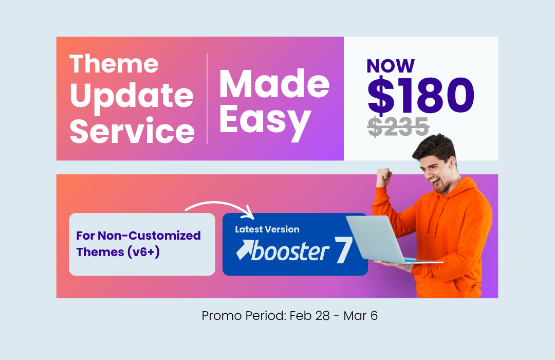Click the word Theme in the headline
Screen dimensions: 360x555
coord(114,64)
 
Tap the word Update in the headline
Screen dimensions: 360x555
coord(132,97)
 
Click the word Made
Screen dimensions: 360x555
coord(274,84)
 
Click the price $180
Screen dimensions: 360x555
coord(421,96)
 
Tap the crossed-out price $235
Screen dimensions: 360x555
coord(398,128)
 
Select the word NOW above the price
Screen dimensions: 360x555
coord(391,65)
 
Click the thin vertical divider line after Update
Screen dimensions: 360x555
coord(207,98)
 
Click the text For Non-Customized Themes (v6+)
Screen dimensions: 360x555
coord(139,244)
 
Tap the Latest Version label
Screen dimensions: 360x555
coord(267,229)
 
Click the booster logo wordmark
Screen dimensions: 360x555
coord(290,251)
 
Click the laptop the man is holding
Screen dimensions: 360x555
coord(380,239)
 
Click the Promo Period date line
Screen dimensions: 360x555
coord(290,315)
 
